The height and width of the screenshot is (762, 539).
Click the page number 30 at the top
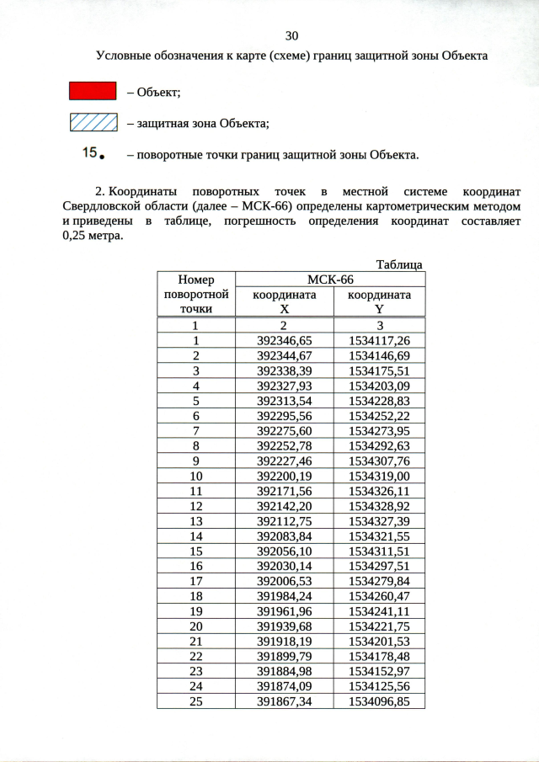pyautogui.click(x=292, y=35)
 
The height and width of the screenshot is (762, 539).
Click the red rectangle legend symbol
pyautogui.click(x=93, y=91)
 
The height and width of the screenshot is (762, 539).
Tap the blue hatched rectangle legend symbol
pyautogui.click(x=93, y=123)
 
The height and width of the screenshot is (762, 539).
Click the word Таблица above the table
pyautogui.click(x=399, y=264)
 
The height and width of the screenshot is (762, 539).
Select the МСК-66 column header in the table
pyautogui.click(x=330, y=280)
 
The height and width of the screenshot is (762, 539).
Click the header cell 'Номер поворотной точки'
pyautogui.click(x=195, y=294)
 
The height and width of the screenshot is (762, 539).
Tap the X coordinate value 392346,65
pyautogui.click(x=284, y=340)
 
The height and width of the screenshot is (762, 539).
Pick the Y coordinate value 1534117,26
pyautogui.click(x=379, y=340)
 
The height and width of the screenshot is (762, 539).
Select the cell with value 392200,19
pyautogui.click(x=284, y=476)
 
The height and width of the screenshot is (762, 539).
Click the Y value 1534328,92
pyautogui.click(x=379, y=506)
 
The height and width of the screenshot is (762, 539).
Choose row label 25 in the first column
pyautogui.click(x=195, y=701)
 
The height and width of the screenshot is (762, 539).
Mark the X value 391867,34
pyautogui.click(x=284, y=701)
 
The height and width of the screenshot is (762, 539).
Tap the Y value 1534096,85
pyautogui.click(x=379, y=701)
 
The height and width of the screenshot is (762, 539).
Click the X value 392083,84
pyautogui.click(x=284, y=536)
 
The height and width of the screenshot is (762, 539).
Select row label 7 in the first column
pyautogui.click(x=195, y=430)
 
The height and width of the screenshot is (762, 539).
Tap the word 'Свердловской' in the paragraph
pyautogui.click(x=104, y=206)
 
